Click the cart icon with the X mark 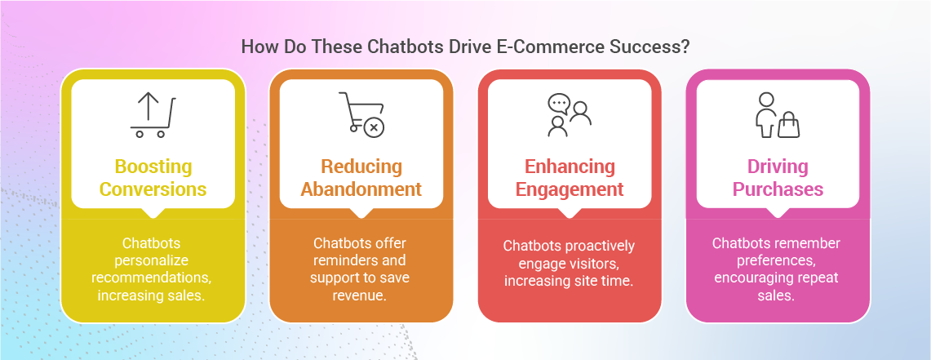(361, 114)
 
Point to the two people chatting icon (569, 114)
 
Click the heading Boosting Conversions (153, 178)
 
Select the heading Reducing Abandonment (361, 178)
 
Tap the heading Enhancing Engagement (569, 178)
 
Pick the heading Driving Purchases (777, 178)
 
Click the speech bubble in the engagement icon (558, 104)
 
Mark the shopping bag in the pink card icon (788, 126)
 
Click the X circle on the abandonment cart (374, 127)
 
